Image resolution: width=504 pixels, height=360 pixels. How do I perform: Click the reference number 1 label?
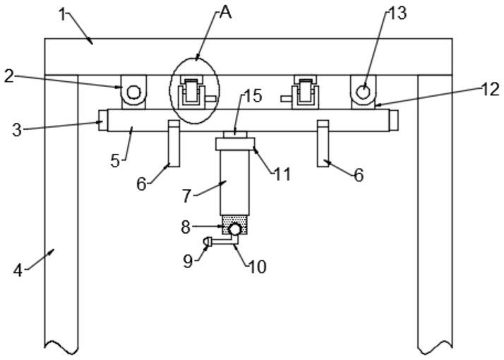64,15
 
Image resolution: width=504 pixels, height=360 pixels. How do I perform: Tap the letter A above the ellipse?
226,13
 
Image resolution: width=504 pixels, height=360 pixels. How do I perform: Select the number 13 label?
398,13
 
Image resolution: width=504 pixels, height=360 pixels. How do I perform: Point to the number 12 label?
490,90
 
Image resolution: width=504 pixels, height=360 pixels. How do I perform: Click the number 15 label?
253,96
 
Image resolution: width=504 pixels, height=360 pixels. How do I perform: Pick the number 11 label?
282,174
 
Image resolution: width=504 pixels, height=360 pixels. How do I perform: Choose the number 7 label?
187,196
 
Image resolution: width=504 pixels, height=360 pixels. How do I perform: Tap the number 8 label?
186,227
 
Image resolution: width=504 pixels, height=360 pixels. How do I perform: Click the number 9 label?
188,261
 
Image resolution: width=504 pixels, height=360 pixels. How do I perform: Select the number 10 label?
258,266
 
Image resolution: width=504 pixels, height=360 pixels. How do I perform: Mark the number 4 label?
18,270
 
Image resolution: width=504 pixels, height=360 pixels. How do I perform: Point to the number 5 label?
115,161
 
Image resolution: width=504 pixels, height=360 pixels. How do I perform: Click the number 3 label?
17,130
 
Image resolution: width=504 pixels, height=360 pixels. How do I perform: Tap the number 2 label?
9,77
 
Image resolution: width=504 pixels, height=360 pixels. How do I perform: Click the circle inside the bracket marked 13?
364,92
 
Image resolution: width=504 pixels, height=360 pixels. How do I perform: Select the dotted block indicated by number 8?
234,225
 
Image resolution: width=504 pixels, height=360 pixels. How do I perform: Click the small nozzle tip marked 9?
207,241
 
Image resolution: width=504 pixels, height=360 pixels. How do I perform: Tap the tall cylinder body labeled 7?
234,182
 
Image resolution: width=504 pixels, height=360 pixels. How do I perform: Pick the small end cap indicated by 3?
103,120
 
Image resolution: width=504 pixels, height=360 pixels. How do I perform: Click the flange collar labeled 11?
235,144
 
